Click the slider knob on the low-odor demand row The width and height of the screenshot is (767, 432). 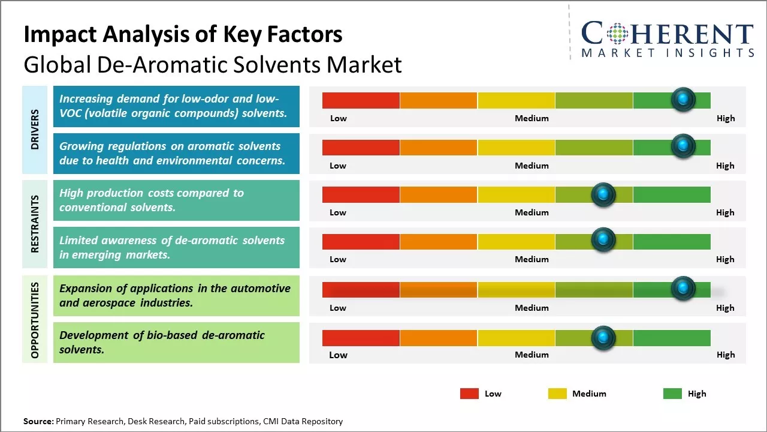pyautogui.click(x=683, y=99)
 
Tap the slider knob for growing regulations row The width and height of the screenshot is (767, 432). pyautogui.click(x=683, y=146)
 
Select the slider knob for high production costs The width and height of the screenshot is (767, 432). pyautogui.click(x=603, y=194)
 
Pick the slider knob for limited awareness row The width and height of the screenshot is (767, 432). pyautogui.click(x=603, y=240)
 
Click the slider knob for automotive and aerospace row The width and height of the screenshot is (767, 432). pyautogui.click(x=683, y=288)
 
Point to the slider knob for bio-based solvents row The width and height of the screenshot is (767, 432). pyautogui.click(x=603, y=338)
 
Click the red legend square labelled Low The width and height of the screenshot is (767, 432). pyautogui.click(x=469, y=394)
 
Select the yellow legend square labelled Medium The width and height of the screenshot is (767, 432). pyautogui.click(x=557, y=394)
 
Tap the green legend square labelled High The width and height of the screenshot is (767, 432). pyautogui.click(x=672, y=394)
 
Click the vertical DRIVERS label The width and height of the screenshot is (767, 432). pyautogui.click(x=35, y=129)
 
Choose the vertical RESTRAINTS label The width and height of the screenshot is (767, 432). pyautogui.click(x=35, y=224)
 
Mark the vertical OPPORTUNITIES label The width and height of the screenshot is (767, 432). pyautogui.click(x=35, y=320)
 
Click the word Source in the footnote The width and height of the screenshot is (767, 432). pyautogui.click(x=38, y=422)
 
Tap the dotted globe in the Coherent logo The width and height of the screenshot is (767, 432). pyautogui.click(x=616, y=34)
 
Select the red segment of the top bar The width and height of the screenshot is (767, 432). pyautogui.click(x=361, y=100)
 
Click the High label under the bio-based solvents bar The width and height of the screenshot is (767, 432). pyautogui.click(x=725, y=355)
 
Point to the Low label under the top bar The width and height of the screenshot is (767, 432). pyautogui.click(x=339, y=118)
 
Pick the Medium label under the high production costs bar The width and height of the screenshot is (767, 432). pyautogui.click(x=532, y=212)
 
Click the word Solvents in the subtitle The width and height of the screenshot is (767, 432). pyautogui.click(x=264, y=65)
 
